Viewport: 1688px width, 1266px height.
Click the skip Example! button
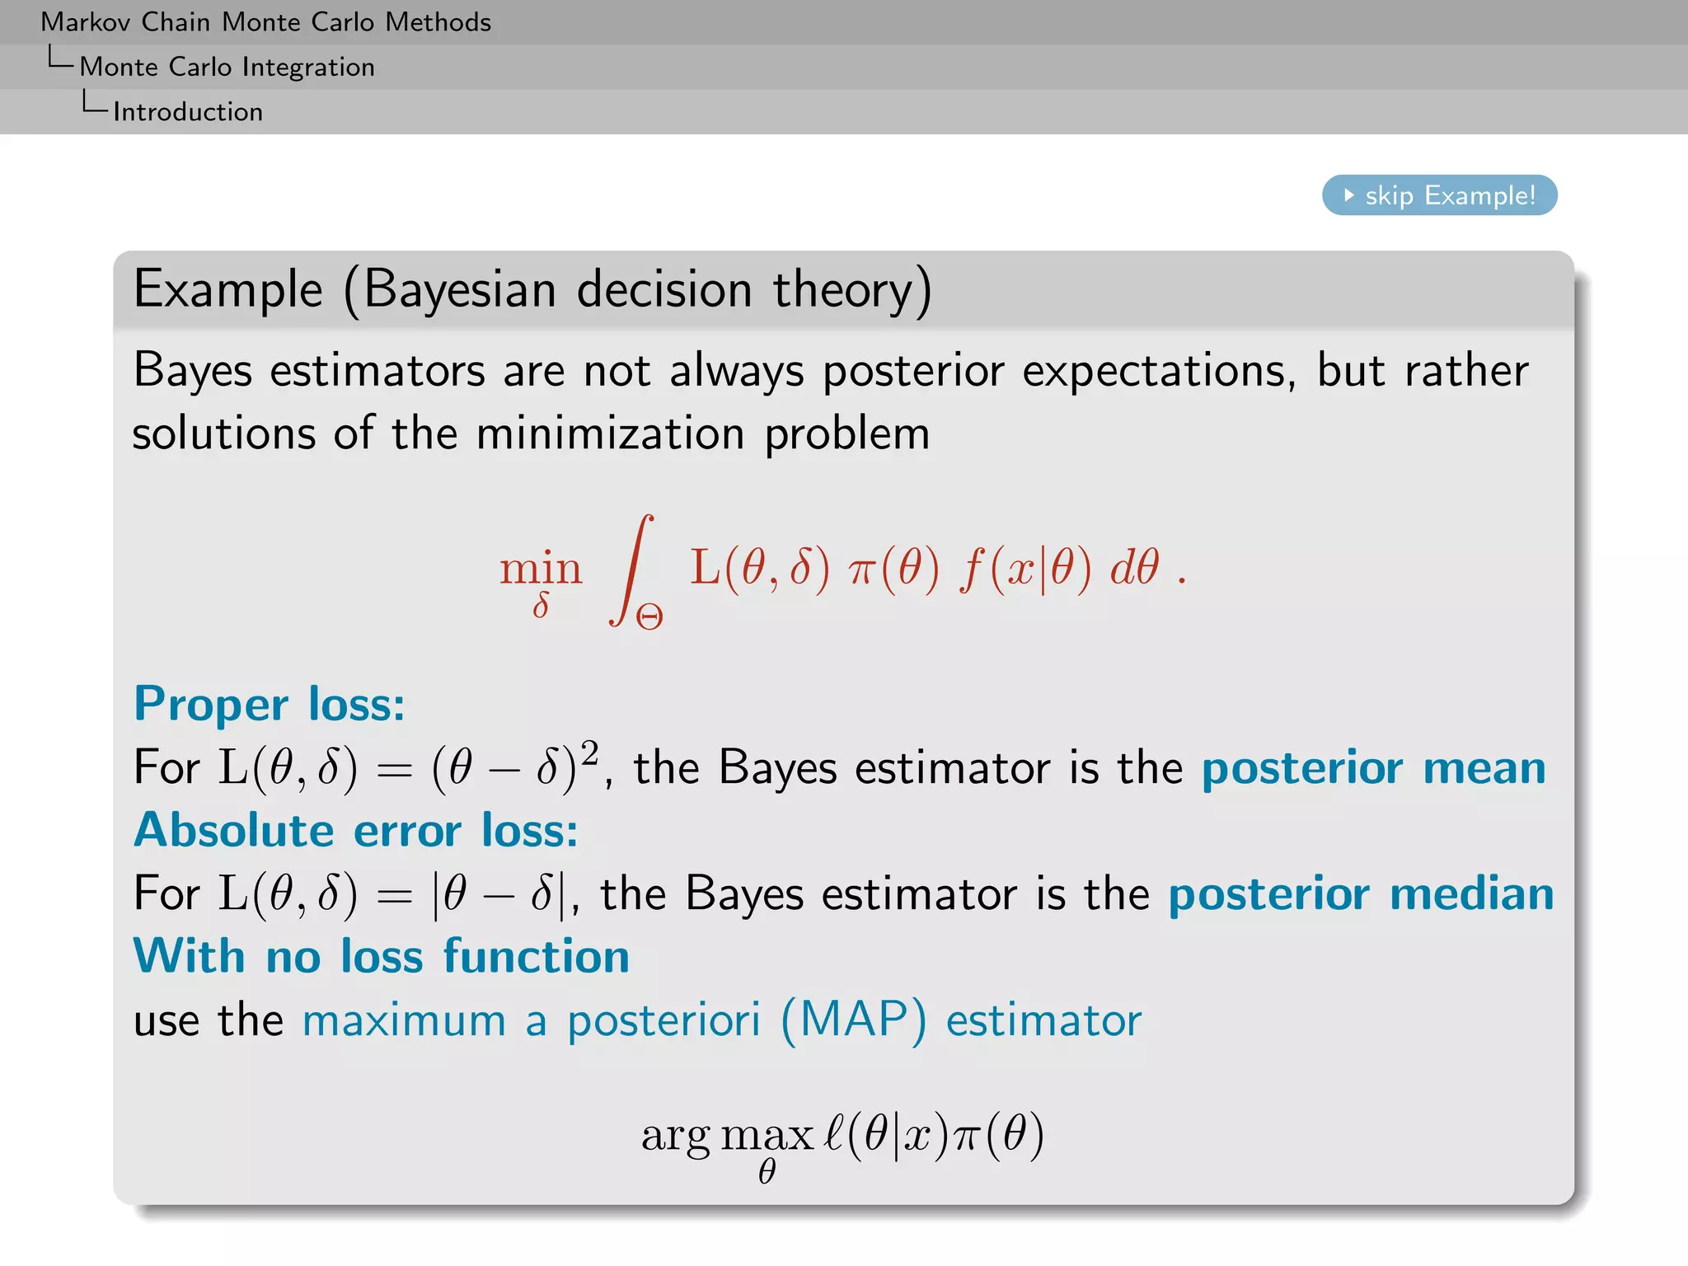click(x=1439, y=195)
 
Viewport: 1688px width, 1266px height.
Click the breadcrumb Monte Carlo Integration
click(x=227, y=67)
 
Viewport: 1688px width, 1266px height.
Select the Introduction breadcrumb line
click(x=188, y=111)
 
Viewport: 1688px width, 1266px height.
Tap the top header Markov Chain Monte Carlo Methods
click(x=265, y=21)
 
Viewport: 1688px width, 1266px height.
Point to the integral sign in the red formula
click(x=632, y=569)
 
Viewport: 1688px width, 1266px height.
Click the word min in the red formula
click(x=541, y=569)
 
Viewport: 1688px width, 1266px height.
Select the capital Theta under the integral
click(x=649, y=617)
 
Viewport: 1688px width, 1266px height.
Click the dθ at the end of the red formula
click(x=1134, y=567)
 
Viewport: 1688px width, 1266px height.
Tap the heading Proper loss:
click(x=270, y=704)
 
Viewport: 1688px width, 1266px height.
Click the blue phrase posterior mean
click(x=1373, y=767)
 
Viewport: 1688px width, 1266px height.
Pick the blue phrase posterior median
click(x=1361, y=893)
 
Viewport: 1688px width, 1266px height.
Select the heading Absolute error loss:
click(x=356, y=830)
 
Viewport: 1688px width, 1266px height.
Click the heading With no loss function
click(x=382, y=956)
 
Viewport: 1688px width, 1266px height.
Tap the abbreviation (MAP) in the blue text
click(x=853, y=1020)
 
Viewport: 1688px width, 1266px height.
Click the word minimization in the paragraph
click(x=610, y=434)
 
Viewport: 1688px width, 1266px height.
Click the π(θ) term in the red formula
click(x=893, y=569)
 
